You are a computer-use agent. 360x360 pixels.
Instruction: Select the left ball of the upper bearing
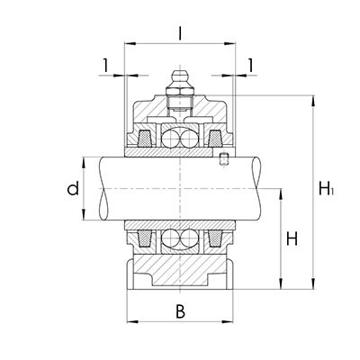[169, 140]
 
